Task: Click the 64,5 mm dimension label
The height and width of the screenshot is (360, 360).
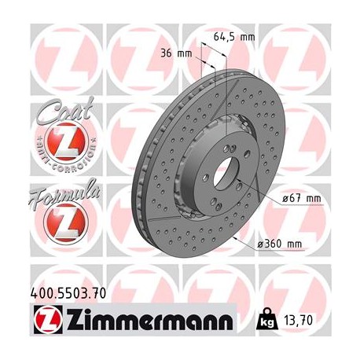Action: (x=235, y=35)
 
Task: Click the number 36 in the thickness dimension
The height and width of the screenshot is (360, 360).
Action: (x=178, y=54)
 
